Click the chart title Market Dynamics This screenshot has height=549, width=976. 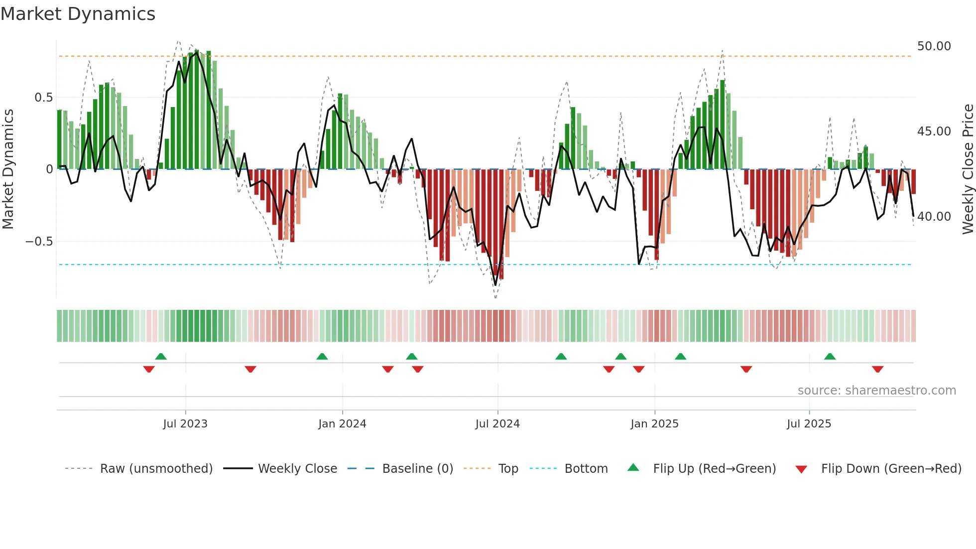click(78, 14)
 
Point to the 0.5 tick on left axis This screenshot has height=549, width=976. click(44, 98)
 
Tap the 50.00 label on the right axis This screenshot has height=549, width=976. click(934, 46)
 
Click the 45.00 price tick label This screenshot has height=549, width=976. click(934, 132)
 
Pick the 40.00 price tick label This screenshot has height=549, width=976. click(934, 217)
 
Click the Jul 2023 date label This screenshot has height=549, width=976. click(185, 424)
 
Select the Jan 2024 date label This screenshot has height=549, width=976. click(342, 424)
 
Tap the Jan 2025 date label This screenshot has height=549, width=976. click(654, 424)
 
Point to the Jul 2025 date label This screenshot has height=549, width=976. click(809, 424)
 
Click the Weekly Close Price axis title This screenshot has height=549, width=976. click(968, 169)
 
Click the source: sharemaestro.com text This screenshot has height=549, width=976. click(876, 391)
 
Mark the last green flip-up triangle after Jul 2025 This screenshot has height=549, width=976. click(830, 357)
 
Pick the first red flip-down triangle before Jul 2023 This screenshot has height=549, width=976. click(149, 369)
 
